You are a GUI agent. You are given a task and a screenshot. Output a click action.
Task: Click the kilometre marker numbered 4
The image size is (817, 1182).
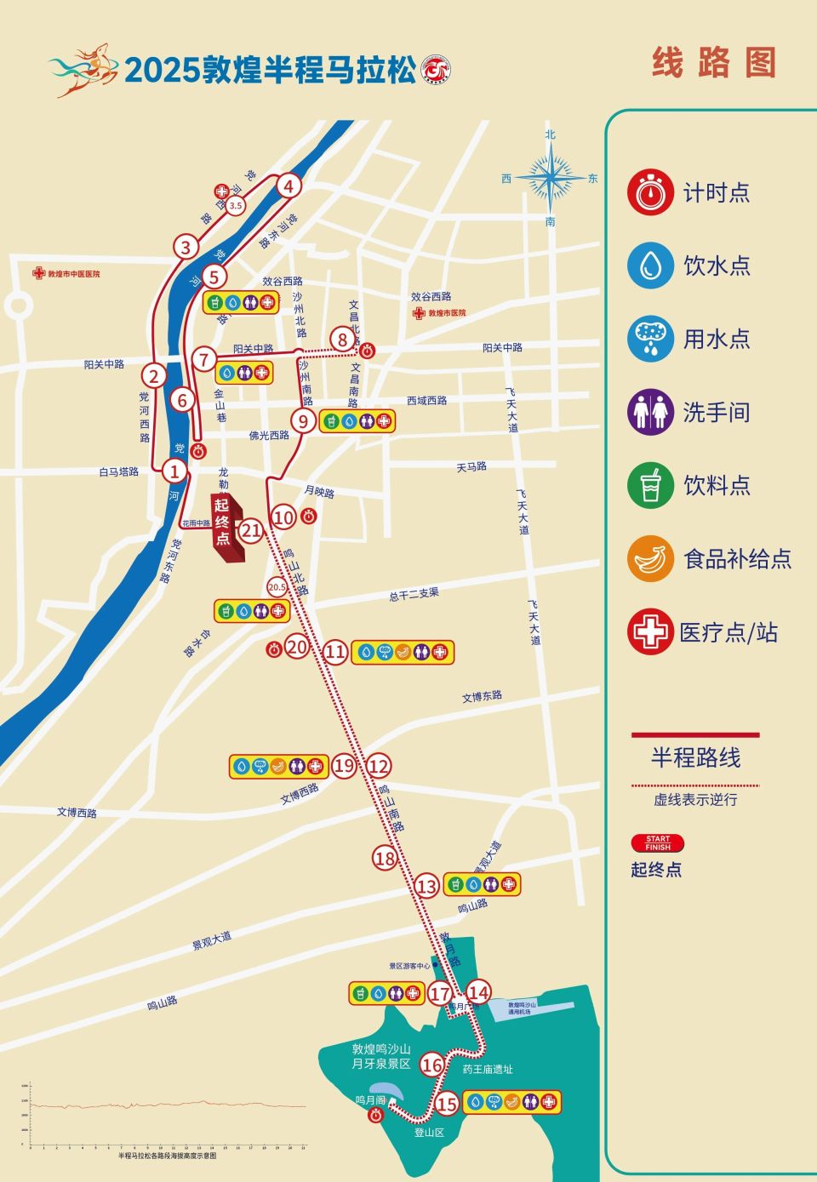click(x=289, y=186)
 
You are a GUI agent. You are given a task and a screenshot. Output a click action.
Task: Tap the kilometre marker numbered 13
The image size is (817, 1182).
click(x=426, y=887)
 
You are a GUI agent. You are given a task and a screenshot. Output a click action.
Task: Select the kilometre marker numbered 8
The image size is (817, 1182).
click(x=342, y=340)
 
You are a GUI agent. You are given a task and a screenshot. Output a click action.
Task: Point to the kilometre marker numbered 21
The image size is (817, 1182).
click(x=250, y=532)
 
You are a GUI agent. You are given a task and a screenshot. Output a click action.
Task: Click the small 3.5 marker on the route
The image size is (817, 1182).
click(x=236, y=205)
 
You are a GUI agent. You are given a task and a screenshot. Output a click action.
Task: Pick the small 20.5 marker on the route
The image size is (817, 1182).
click(x=277, y=587)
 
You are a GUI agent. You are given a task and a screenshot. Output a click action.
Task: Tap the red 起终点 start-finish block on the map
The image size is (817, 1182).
click(x=225, y=527)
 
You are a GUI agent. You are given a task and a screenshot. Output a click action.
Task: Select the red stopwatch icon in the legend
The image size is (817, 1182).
click(x=650, y=191)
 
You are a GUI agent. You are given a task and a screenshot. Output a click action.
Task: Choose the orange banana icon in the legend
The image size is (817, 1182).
click(x=650, y=558)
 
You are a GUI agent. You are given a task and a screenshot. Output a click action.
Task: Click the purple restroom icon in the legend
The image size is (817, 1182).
click(x=650, y=412)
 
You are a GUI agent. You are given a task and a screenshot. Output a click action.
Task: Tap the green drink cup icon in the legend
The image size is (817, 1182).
click(x=650, y=485)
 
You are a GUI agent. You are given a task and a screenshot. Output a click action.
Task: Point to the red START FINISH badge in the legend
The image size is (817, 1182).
click(x=657, y=843)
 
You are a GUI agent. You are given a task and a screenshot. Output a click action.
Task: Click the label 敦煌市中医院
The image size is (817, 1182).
click(x=73, y=274)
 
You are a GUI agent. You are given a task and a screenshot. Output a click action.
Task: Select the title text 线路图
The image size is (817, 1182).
click(x=714, y=63)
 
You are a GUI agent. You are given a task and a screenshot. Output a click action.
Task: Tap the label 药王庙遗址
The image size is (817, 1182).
click(x=488, y=1070)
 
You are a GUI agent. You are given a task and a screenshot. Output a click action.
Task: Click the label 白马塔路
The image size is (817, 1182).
click(x=118, y=471)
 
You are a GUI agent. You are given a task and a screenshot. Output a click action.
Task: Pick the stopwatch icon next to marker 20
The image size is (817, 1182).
click(x=274, y=649)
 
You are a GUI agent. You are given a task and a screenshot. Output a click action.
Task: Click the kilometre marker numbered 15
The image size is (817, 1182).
click(x=447, y=1104)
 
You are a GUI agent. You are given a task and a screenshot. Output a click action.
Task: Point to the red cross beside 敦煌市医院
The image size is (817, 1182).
click(x=419, y=313)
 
